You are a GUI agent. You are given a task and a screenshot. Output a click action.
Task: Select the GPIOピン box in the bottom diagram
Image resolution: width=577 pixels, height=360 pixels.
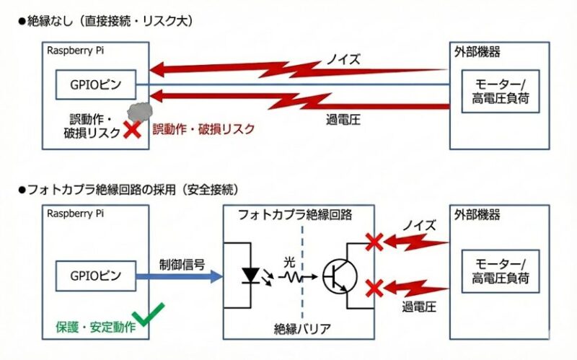point(97,275)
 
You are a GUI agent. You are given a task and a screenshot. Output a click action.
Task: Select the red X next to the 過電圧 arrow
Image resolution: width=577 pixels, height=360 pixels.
point(374,289)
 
